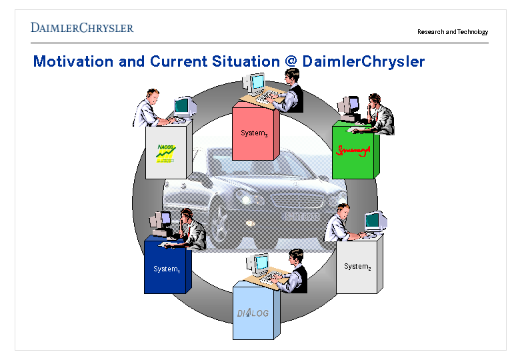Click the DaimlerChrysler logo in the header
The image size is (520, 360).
[x=82, y=28]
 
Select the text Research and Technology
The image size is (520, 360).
[x=453, y=32]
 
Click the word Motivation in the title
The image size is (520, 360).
[x=73, y=62]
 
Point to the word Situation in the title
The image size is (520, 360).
[x=243, y=62]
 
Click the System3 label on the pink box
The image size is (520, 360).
[x=254, y=133]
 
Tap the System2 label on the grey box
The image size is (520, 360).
[x=357, y=267]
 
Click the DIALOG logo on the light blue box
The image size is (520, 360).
[x=253, y=313]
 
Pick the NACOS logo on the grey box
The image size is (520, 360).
[x=166, y=153]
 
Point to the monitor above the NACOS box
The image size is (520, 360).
[x=184, y=107]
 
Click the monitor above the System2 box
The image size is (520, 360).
[x=375, y=220]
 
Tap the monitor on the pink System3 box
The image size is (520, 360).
[x=257, y=83]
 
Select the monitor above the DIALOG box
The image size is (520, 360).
[x=260, y=263]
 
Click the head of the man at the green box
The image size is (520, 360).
[x=374, y=102]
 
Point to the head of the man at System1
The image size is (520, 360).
[x=187, y=217]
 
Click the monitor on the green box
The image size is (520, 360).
[x=347, y=105]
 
